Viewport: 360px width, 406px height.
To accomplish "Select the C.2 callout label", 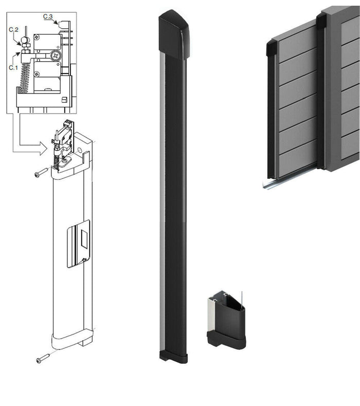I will click(x=13, y=30).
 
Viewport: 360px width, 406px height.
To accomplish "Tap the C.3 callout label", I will click(x=48, y=17).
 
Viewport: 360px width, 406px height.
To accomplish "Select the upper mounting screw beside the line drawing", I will click(x=41, y=174).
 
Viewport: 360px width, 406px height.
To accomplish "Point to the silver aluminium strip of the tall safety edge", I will click(x=162, y=206).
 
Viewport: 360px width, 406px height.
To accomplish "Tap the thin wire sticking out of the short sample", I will click(x=241, y=299).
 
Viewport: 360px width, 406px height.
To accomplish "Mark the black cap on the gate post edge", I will click(x=321, y=21).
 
